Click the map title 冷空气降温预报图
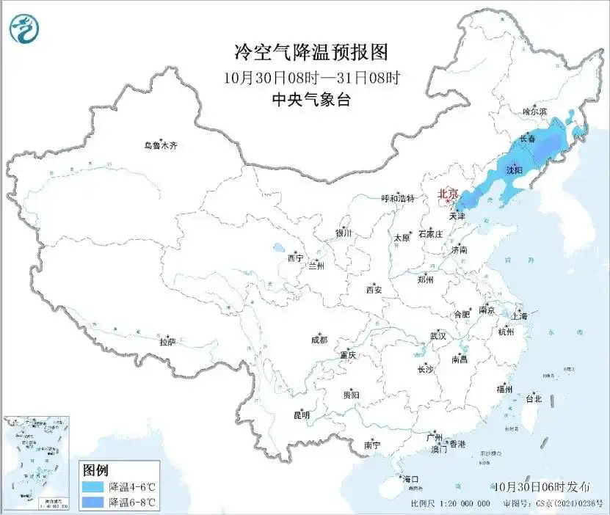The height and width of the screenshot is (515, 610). point(310,52)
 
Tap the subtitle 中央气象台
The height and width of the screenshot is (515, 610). point(310,101)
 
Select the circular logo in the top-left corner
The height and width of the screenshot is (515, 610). point(24,29)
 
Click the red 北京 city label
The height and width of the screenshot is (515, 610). point(447,194)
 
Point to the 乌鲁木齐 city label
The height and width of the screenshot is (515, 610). point(160,146)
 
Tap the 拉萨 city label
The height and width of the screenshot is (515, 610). point(168,341)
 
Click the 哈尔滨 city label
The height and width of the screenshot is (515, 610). point(535,112)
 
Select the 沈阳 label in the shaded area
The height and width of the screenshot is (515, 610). point(514,170)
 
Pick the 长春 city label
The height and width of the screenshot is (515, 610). point(527,138)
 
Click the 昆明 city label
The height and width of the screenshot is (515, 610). point(302,415)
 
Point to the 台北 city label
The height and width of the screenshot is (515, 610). point(533,399)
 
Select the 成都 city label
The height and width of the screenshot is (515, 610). point(319,340)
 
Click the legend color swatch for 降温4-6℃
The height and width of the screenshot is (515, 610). point(92,487)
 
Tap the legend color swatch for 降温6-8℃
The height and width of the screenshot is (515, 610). point(92,503)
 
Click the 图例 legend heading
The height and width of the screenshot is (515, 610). point(95,470)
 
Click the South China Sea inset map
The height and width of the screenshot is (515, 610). point(37,463)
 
